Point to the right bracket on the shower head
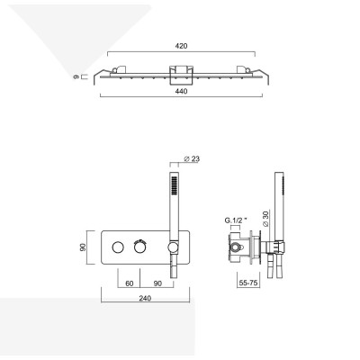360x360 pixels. (x=243, y=71)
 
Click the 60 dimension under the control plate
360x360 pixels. (x=119, y=282)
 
